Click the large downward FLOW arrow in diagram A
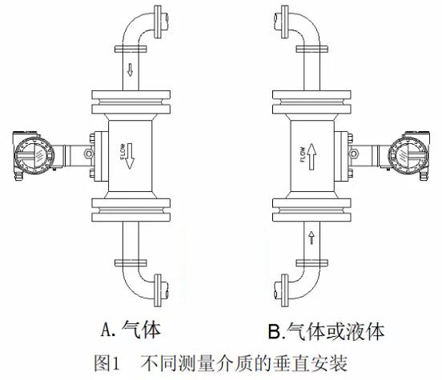tap(130, 156)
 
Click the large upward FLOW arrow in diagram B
tap(311, 157)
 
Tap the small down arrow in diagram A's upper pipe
tap(130, 70)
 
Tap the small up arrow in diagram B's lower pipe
tap(311, 238)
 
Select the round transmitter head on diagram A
tap(34, 154)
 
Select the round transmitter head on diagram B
tap(408, 154)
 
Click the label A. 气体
tap(131, 330)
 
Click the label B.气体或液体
tap(326, 331)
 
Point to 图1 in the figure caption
tap(106, 363)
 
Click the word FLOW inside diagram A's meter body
tap(123, 152)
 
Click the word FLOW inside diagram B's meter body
tap(303, 154)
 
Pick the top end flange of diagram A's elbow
tap(158, 22)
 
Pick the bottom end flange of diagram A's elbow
tap(158, 290)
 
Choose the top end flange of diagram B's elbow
tap(285, 22)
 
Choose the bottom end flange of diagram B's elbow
tap(285, 290)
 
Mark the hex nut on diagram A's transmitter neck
tap(88, 154)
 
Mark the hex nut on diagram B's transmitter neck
tap(353, 154)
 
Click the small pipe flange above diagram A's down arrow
tap(131, 50)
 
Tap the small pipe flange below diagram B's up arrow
tap(312, 263)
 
